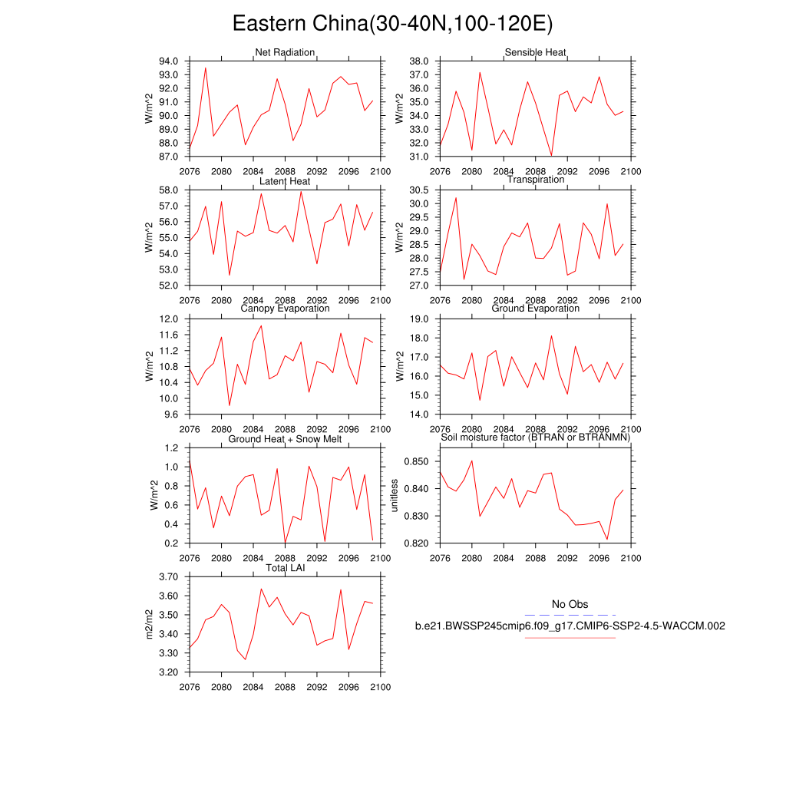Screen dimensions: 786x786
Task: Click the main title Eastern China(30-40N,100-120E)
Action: click(x=392, y=24)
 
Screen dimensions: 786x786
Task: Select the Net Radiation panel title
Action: click(x=285, y=52)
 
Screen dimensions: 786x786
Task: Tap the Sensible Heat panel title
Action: click(x=535, y=52)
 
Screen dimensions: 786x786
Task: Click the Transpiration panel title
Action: click(x=535, y=180)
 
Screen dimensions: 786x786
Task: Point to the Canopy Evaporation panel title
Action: click(x=285, y=309)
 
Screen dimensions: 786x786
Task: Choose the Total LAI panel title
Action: click(x=285, y=568)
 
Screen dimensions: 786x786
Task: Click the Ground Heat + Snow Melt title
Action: click(x=285, y=438)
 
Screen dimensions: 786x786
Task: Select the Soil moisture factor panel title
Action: click(x=535, y=438)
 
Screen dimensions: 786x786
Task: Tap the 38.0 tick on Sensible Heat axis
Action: click(x=418, y=61)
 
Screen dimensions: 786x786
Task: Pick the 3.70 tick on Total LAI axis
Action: click(x=168, y=576)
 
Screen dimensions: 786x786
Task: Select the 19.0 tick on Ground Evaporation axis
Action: click(x=418, y=319)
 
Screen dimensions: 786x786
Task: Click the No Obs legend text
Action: click(x=570, y=605)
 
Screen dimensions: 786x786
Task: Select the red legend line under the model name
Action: click(x=570, y=637)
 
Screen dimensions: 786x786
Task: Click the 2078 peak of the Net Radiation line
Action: click(x=205, y=68)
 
